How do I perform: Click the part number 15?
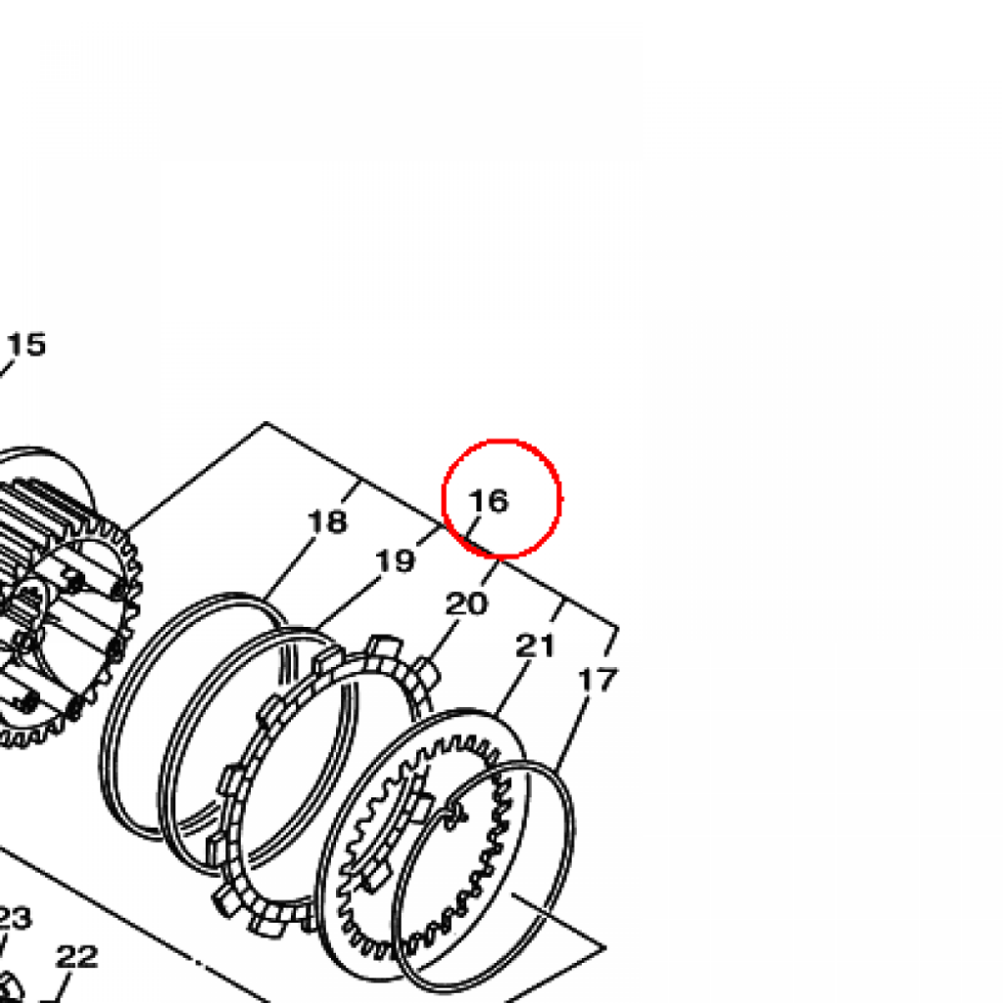point(26,345)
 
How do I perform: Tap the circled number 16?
point(489,501)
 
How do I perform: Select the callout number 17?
point(598,680)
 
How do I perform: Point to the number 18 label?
point(327,521)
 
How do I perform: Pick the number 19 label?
point(396,561)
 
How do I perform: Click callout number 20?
point(466,603)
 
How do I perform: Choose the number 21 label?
point(536,646)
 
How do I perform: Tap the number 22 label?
point(76,957)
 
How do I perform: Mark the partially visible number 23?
point(14,919)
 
